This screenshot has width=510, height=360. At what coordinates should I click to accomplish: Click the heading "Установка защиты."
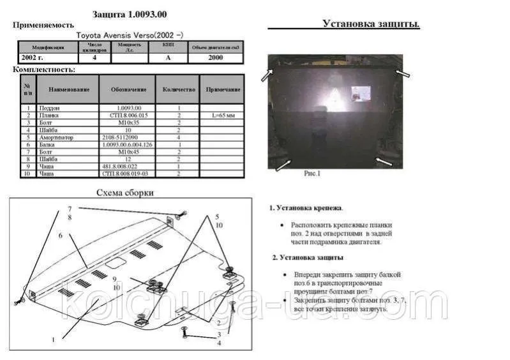tap(371, 24)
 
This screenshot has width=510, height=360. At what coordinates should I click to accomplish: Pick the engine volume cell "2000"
tap(215, 57)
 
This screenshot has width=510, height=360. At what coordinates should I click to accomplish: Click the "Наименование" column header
tap(67, 89)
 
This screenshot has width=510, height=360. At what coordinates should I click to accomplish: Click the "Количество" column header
tap(174, 89)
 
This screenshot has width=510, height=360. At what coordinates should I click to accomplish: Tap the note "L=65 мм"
tap(222, 116)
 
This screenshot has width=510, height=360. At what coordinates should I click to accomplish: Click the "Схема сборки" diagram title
tap(125, 193)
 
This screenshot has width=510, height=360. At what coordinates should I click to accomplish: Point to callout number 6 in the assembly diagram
tap(61, 236)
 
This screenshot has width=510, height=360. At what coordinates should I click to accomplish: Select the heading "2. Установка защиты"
tap(307, 257)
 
